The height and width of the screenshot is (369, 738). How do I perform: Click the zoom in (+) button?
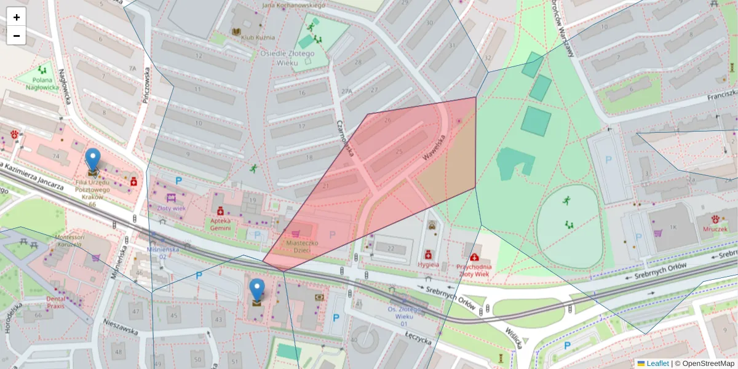point(17,17)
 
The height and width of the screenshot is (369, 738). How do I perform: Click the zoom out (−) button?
point(17,36)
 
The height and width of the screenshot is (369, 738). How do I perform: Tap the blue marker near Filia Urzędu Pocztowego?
point(93,160)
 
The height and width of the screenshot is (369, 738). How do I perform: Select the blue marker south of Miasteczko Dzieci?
point(256,290)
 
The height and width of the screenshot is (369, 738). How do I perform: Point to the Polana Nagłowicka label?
point(42,83)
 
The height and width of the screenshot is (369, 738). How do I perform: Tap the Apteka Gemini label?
point(220,224)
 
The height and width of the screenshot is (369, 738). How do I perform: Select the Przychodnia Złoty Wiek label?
point(474,271)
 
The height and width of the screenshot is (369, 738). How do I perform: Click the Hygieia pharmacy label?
point(428,265)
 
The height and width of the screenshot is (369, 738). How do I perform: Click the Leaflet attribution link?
point(657,363)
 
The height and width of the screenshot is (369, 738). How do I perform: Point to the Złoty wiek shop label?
point(172,208)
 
